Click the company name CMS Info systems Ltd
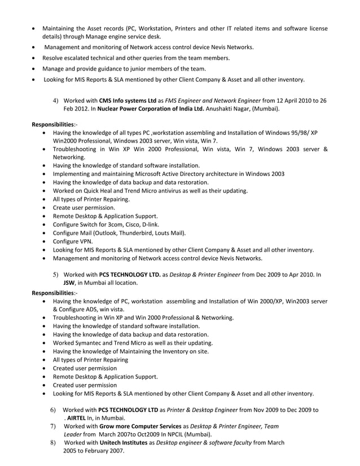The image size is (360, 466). click(x=127, y=100)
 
